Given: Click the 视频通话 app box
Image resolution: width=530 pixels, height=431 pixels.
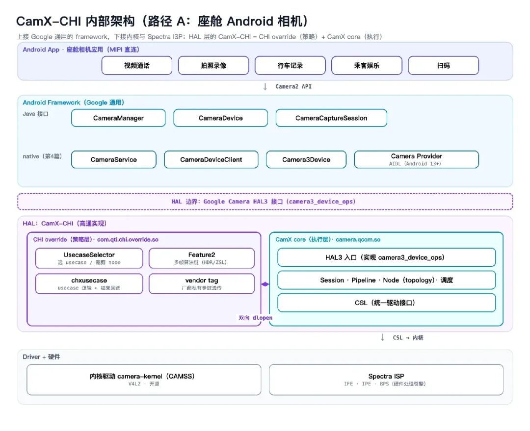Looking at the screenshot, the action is [137, 66].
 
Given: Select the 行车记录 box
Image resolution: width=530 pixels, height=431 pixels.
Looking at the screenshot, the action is [290, 66].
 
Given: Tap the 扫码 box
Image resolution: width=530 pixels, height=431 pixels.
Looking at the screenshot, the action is [444, 66].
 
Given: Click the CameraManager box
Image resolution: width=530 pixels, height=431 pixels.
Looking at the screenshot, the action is [118, 118].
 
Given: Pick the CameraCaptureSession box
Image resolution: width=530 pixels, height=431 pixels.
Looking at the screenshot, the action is [331, 118].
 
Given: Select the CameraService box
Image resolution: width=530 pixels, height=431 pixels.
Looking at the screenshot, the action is [113, 159].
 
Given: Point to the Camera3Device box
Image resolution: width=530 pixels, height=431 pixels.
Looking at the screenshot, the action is [306, 159].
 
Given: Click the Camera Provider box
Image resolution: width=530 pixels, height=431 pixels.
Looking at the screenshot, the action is [417, 159].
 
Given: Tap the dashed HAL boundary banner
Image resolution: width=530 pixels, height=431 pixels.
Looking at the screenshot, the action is [265, 202].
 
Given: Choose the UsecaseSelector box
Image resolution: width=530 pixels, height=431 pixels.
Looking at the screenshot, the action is [89, 258].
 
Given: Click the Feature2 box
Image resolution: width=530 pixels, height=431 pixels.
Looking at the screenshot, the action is [202, 258].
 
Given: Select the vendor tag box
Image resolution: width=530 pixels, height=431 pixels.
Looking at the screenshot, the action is [202, 284].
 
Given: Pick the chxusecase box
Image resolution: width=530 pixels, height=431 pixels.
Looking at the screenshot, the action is [89, 284].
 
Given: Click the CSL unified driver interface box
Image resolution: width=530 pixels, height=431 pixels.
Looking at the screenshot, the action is [386, 303].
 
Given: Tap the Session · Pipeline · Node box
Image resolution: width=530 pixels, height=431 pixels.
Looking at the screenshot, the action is [386, 280].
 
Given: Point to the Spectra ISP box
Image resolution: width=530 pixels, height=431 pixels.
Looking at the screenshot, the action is [386, 380].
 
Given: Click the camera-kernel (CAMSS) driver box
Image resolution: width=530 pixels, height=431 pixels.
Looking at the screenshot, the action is [144, 380].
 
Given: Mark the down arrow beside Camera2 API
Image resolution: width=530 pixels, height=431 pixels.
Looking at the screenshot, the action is [265, 87].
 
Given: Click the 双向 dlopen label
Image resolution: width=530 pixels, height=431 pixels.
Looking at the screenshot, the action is [255, 318].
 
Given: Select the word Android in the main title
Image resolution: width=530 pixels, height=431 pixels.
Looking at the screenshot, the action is [250, 21].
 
